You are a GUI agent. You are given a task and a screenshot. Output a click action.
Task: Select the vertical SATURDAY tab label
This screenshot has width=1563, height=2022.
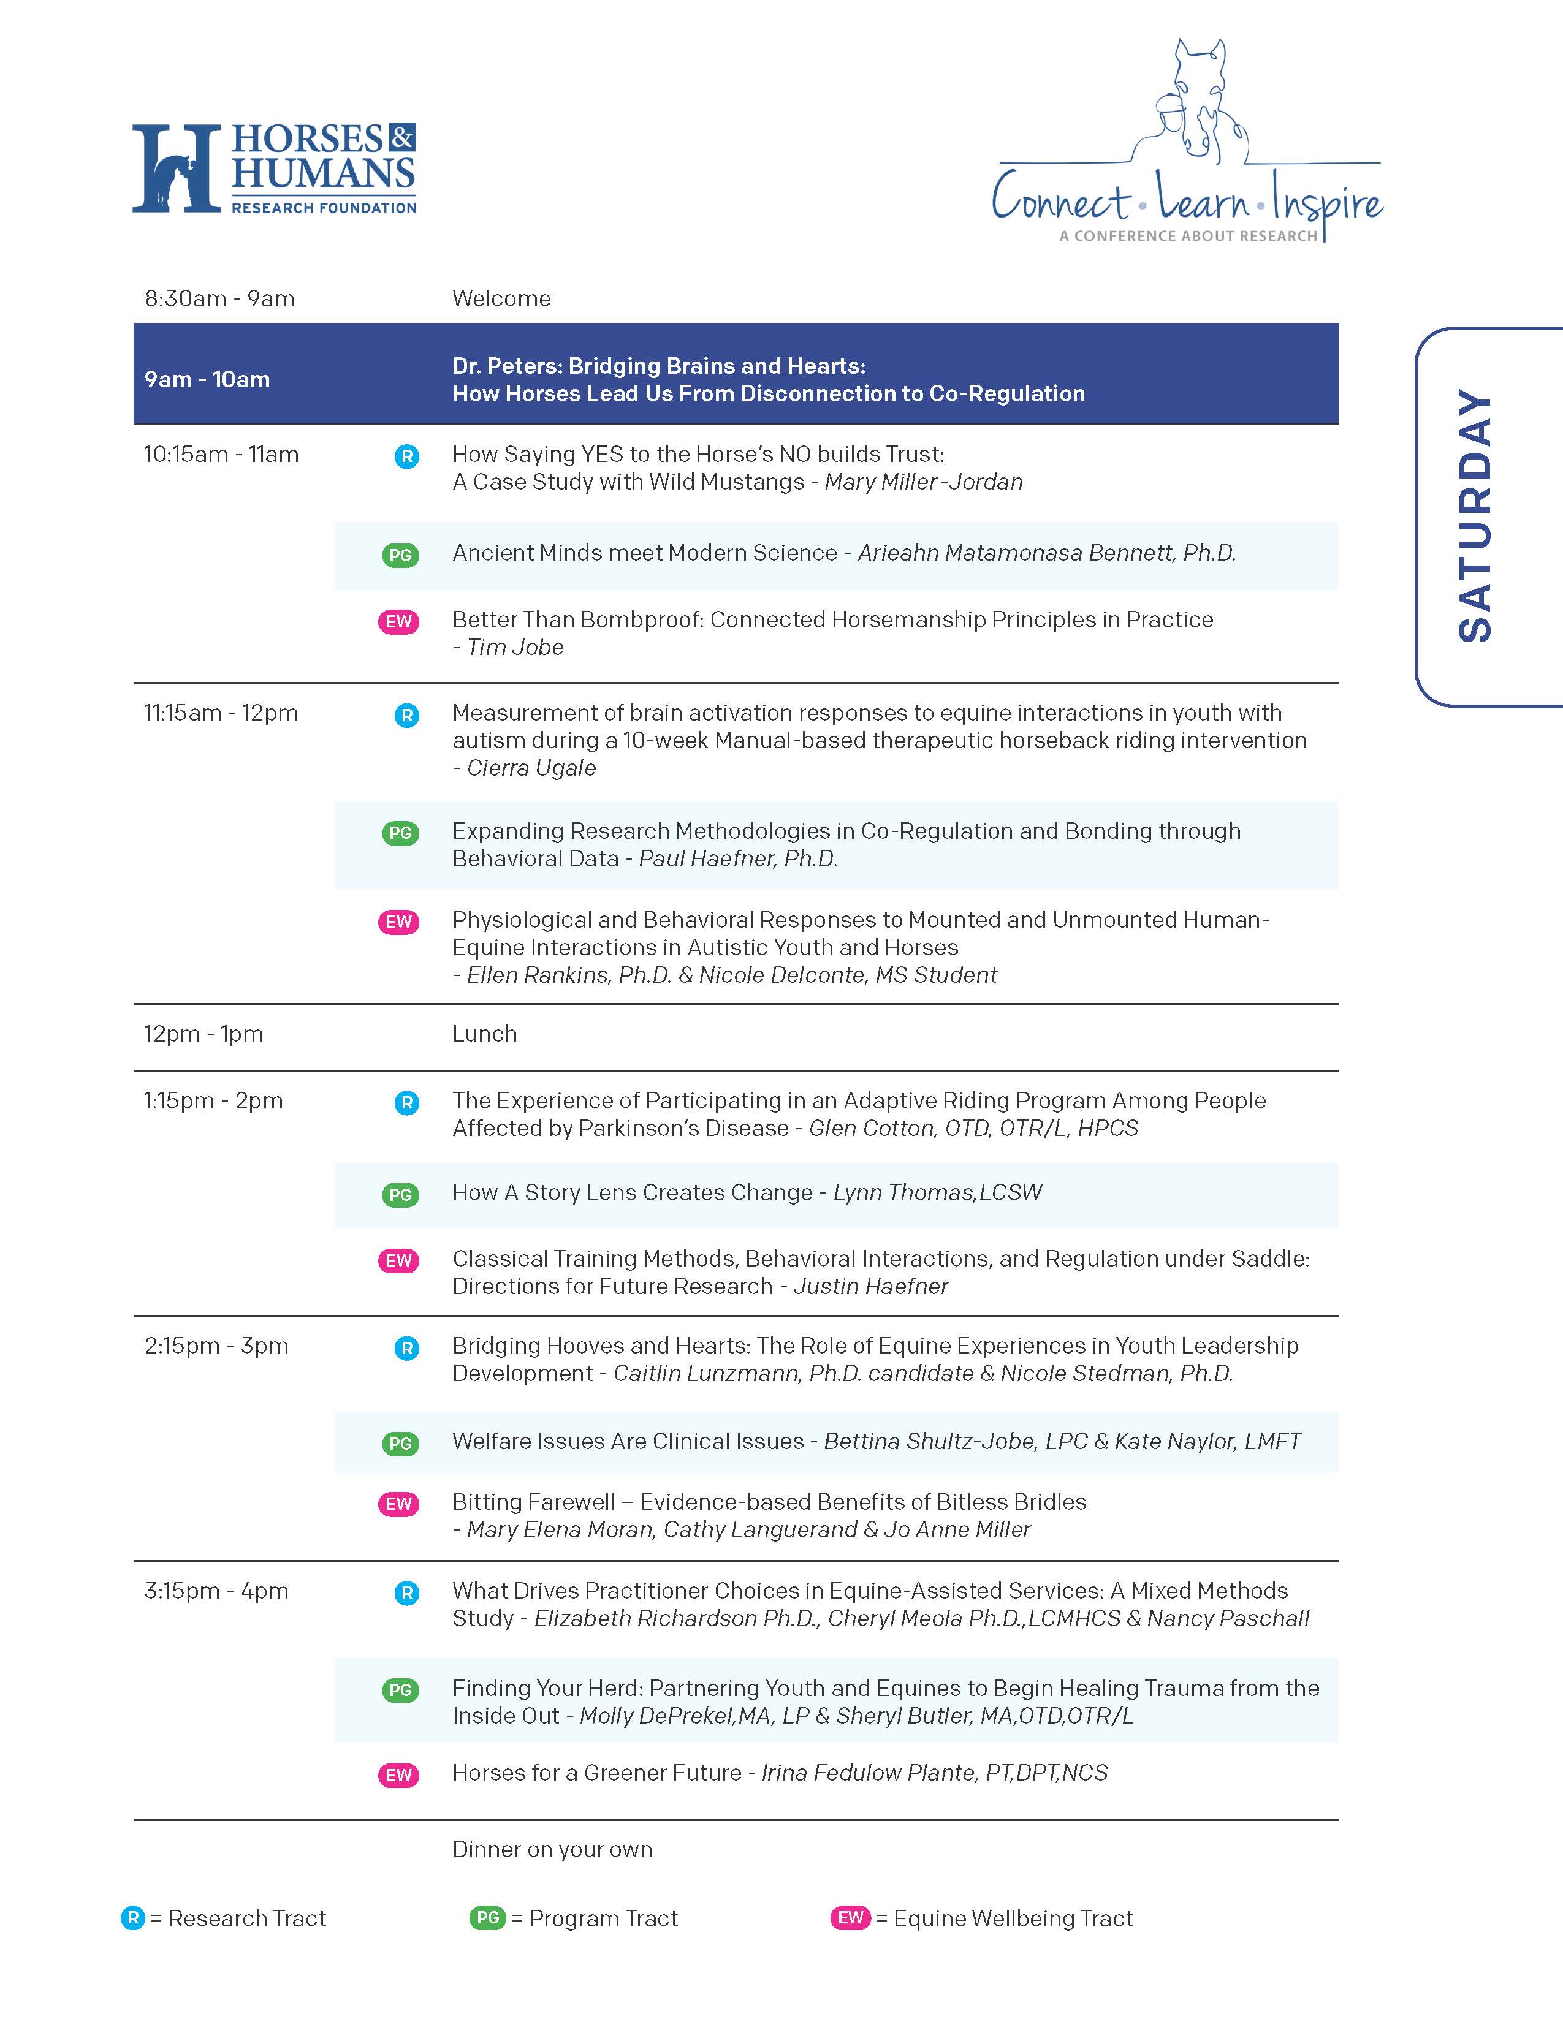[1475, 516]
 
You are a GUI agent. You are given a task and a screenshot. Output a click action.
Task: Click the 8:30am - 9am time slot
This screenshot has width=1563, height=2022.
[219, 299]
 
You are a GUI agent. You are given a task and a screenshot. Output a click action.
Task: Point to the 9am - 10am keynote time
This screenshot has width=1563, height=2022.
[207, 380]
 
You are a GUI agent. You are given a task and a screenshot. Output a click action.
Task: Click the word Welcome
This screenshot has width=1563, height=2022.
[501, 299]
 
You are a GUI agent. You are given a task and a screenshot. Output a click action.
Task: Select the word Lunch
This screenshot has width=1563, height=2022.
[484, 1034]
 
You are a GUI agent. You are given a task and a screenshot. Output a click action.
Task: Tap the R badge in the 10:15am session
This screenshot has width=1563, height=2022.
[406, 456]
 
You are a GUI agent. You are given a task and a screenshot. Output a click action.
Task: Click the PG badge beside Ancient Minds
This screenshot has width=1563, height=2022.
[400, 556]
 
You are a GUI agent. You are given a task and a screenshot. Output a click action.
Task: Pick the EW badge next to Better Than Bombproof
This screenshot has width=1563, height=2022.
[398, 622]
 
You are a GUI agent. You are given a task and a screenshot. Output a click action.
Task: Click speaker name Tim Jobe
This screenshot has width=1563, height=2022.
[515, 648]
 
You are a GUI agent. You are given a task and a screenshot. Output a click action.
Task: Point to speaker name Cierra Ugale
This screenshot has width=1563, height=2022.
[531, 768]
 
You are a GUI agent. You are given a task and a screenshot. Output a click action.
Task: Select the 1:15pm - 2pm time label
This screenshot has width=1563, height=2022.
[213, 1101]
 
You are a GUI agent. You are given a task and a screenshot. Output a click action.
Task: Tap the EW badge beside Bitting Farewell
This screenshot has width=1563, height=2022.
[398, 1504]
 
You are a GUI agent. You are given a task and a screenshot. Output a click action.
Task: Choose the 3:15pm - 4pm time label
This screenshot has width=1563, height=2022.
[216, 1591]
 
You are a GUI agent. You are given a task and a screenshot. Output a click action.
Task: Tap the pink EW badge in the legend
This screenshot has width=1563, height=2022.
[850, 1917]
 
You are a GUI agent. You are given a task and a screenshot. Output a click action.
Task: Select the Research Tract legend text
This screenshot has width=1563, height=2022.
[246, 1918]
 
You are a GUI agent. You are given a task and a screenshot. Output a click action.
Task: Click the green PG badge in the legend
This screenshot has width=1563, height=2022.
[488, 1917]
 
